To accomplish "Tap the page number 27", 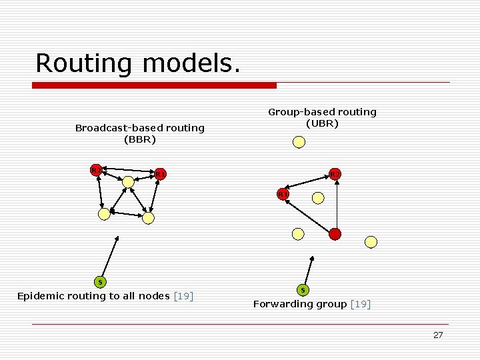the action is pos(437,335).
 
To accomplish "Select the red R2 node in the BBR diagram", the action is pos(97,170).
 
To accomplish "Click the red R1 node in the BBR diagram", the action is pos(160,175).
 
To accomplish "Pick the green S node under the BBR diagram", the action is pos(100,282).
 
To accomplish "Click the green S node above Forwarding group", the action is pos(303,290).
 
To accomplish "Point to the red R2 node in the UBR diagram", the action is pos(335,175).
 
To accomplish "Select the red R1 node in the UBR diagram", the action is pos(283,194).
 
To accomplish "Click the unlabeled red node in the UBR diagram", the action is pos(335,234).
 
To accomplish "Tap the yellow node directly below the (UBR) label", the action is pos(299,141).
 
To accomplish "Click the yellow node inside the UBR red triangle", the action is pos(318,198).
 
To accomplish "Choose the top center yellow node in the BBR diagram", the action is pos(128,181).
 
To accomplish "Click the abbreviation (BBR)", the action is pos(140,140).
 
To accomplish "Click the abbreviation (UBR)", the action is pos(322,123).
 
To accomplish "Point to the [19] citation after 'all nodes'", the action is pos(183,296).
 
